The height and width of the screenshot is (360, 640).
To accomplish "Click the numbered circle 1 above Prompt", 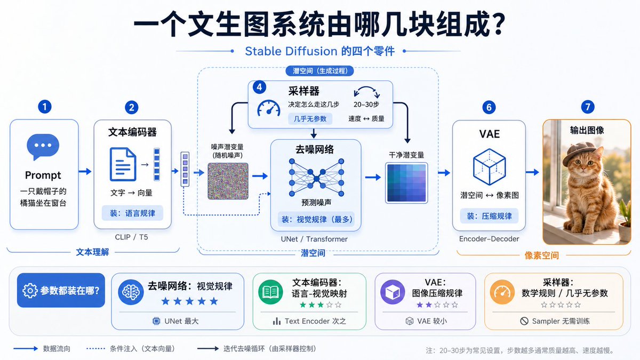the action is point(45,107).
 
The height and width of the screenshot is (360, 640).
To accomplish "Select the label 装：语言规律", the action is point(132,213).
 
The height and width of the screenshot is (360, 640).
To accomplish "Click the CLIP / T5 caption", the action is point(131,237).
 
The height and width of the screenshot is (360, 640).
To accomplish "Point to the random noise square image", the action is point(228,181).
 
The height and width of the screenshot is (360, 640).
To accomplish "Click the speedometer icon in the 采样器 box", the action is point(269,108).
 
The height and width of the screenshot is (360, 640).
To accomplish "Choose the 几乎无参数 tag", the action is point(310,119).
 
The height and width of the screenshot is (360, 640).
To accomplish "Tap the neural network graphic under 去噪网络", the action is point(316,178).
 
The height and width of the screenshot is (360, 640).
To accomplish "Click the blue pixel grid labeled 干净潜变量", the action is point(406,183).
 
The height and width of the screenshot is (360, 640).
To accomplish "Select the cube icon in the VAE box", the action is point(490,166).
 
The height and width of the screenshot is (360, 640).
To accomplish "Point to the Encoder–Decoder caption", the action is point(489,239).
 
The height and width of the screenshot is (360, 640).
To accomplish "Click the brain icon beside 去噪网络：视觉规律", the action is point(131,292).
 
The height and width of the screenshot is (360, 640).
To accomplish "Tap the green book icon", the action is point(270,292).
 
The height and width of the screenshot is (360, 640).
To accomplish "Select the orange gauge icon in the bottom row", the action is point(502,292).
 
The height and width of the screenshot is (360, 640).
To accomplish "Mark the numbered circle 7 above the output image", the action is point(588,107).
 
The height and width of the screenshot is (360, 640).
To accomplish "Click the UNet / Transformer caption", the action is point(314,239).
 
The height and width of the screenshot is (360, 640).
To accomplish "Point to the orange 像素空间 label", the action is point(541,255).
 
